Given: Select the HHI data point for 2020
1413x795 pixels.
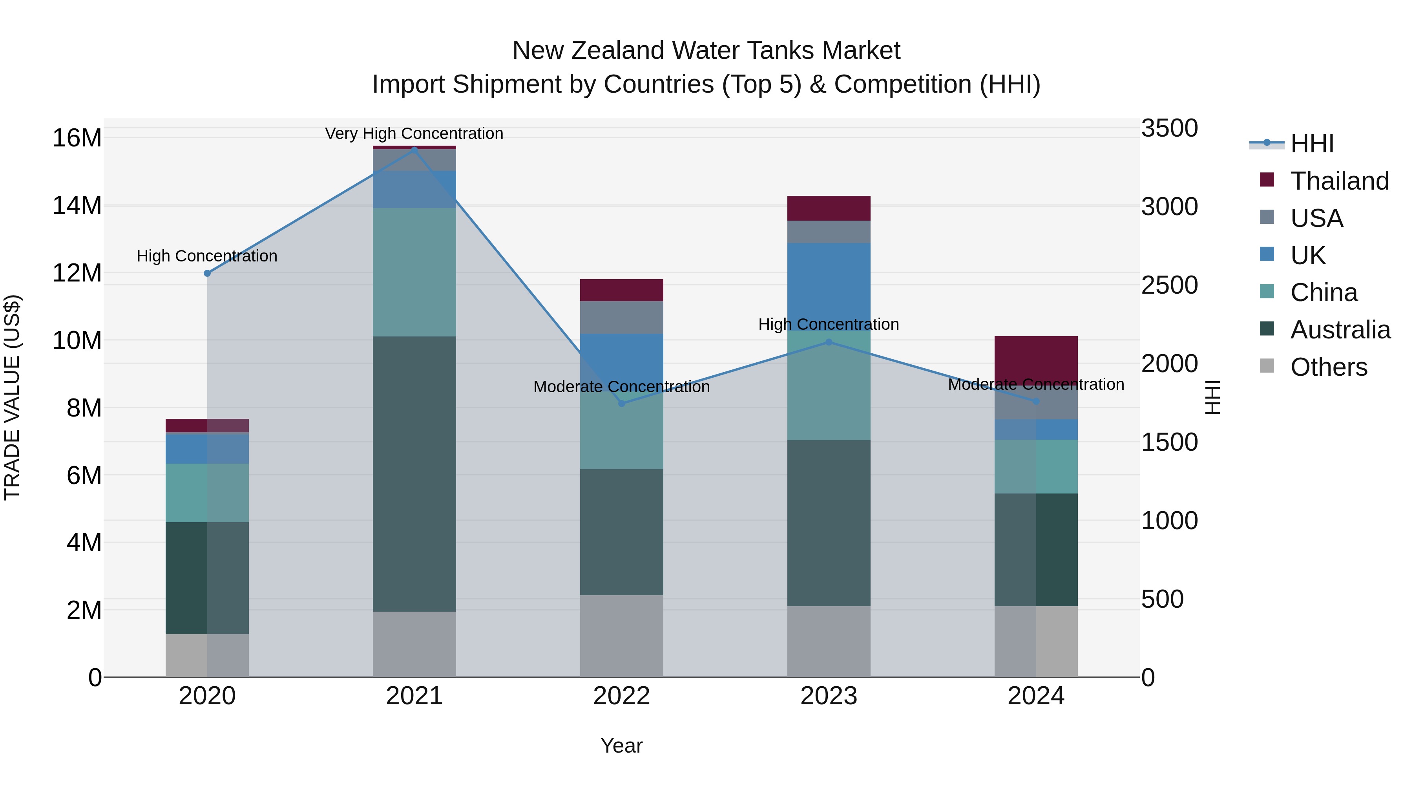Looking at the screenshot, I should click(x=207, y=273).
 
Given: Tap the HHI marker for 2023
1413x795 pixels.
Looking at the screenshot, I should click(x=829, y=342).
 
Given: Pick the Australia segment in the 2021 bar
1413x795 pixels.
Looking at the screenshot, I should click(x=414, y=473).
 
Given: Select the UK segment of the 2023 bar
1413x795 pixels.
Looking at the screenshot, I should click(x=829, y=285).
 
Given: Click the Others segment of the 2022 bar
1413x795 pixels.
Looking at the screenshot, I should click(x=621, y=636).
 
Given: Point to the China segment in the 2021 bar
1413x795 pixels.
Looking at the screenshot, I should click(x=414, y=272).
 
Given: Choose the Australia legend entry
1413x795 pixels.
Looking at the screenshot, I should click(x=1340, y=330).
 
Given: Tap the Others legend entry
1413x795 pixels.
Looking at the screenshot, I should click(x=1329, y=367).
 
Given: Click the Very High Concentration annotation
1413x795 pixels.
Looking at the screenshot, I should click(x=414, y=133).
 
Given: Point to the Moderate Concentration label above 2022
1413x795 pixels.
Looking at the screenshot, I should click(x=621, y=387).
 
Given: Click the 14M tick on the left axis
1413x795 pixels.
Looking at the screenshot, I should click(x=77, y=206).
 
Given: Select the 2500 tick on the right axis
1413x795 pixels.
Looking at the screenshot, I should click(x=1170, y=285).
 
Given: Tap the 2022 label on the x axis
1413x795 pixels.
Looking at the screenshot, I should click(x=621, y=696).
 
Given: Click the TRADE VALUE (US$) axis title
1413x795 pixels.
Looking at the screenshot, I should click(x=12, y=398).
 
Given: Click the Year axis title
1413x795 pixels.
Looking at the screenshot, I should click(x=621, y=746).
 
